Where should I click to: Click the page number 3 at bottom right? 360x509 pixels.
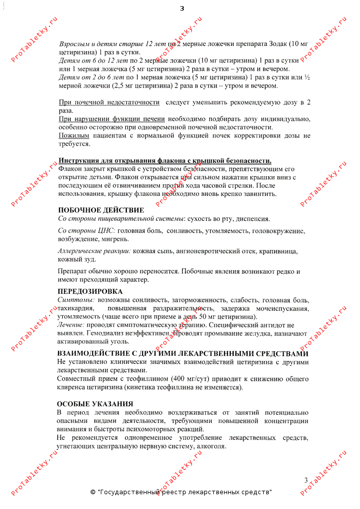(x=306, y=480)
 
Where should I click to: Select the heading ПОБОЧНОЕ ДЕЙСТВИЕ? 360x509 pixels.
(x=101, y=210)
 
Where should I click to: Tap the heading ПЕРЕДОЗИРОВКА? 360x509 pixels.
(x=90, y=291)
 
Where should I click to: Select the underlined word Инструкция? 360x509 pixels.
(x=76, y=160)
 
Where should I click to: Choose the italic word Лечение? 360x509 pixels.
(x=71, y=325)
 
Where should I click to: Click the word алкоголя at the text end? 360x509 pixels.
(x=211, y=446)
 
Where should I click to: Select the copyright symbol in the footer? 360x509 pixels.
(x=93, y=492)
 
